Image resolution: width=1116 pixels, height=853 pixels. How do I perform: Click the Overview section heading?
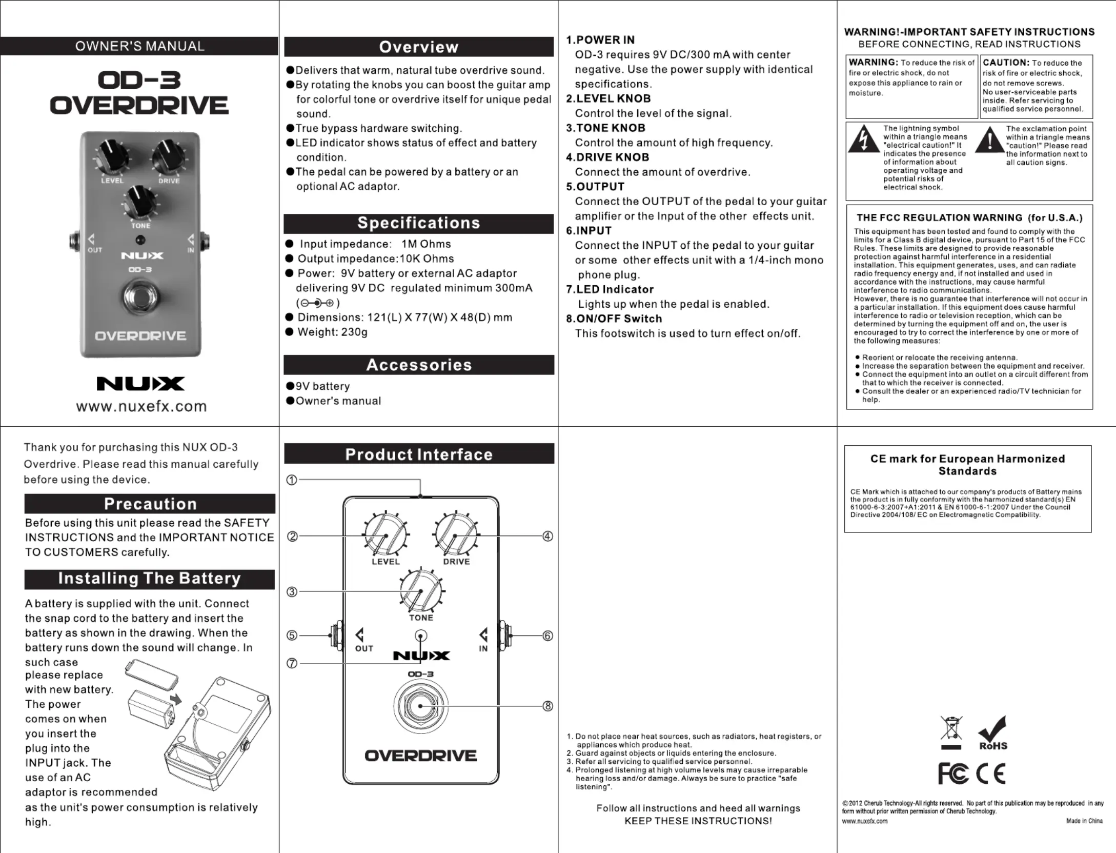[x=418, y=47]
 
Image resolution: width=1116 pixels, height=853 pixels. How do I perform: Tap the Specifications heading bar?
[x=418, y=223]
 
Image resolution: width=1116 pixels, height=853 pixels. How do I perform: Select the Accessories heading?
[x=418, y=365]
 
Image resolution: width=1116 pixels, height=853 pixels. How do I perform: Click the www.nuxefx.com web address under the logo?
[x=141, y=406]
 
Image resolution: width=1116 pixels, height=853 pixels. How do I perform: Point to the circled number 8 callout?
[x=547, y=706]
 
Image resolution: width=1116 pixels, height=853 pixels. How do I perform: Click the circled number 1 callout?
[x=291, y=480]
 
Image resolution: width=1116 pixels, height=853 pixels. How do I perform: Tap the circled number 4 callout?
[x=547, y=536]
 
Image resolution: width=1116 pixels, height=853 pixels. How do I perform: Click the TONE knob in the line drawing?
[x=421, y=590]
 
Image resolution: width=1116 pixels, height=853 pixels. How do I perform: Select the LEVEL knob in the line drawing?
[x=385, y=535]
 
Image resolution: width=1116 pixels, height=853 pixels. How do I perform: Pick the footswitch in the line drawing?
[x=421, y=706]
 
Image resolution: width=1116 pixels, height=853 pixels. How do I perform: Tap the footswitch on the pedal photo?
[x=140, y=296]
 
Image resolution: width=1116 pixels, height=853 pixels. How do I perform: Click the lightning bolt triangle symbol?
[x=864, y=140]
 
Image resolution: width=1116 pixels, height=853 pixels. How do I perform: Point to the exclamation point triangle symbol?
[x=989, y=140]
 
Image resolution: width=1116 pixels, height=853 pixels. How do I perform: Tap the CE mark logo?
[x=990, y=774]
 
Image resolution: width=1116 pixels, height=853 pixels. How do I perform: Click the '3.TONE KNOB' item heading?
[x=605, y=128]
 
